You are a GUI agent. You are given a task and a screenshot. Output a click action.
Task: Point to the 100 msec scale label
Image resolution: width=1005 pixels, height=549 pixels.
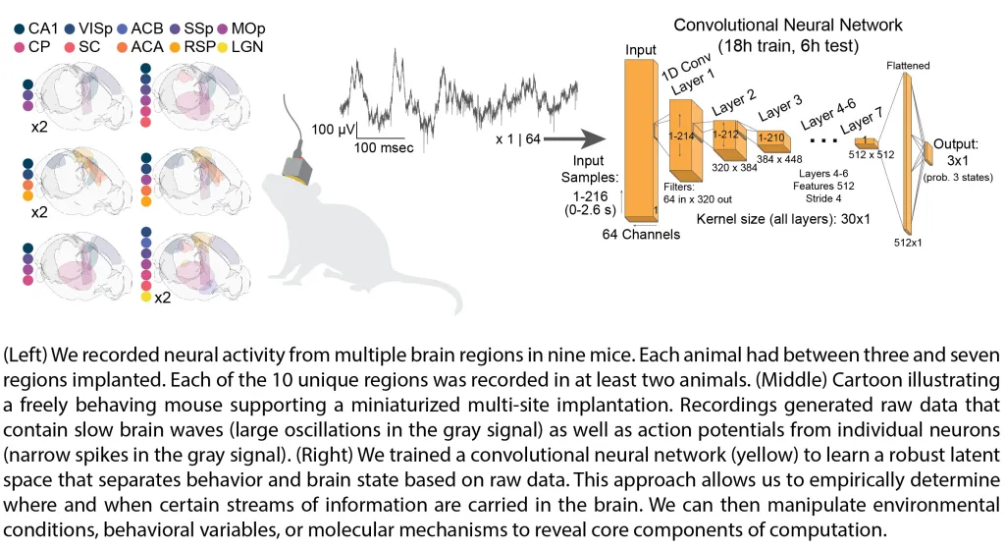(x=385, y=146)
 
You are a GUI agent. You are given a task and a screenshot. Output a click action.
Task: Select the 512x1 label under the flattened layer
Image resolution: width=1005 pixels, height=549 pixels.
(x=909, y=240)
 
